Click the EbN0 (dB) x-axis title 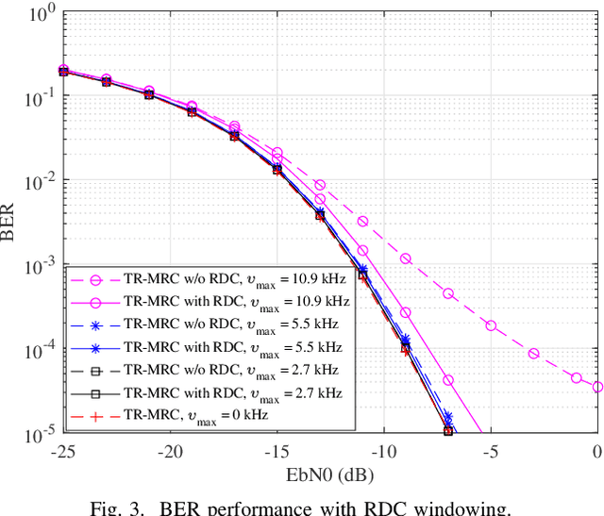click(x=329, y=474)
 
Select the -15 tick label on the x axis click(x=277, y=452)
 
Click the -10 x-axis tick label click(x=383, y=452)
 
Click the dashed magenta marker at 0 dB click(x=597, y=387)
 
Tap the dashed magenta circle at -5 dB click(x=491, y=325)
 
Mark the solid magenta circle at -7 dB click(x=448, y=380)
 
